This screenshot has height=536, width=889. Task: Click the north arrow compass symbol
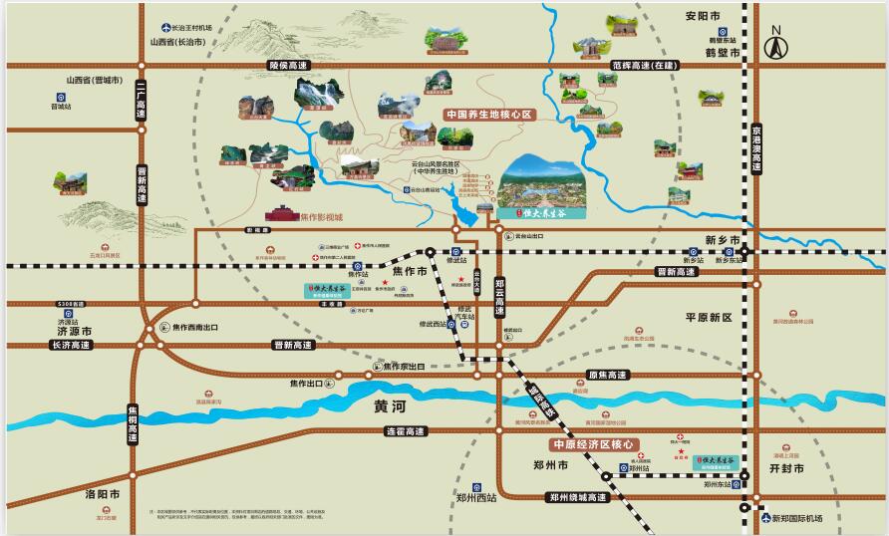click(x=776, y=45)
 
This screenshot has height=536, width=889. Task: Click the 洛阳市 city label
click(x=102, y=494)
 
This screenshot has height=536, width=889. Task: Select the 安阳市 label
click(x=703, y=16)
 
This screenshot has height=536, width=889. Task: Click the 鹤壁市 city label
click(x=722, y=52)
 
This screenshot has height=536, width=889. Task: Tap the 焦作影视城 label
click(x=321, y=216)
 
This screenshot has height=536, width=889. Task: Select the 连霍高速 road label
click(x=406, y=431)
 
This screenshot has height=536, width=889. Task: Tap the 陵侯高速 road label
click(x=289, y=66)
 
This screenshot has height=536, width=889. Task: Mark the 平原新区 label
click(x=709, y=317)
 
